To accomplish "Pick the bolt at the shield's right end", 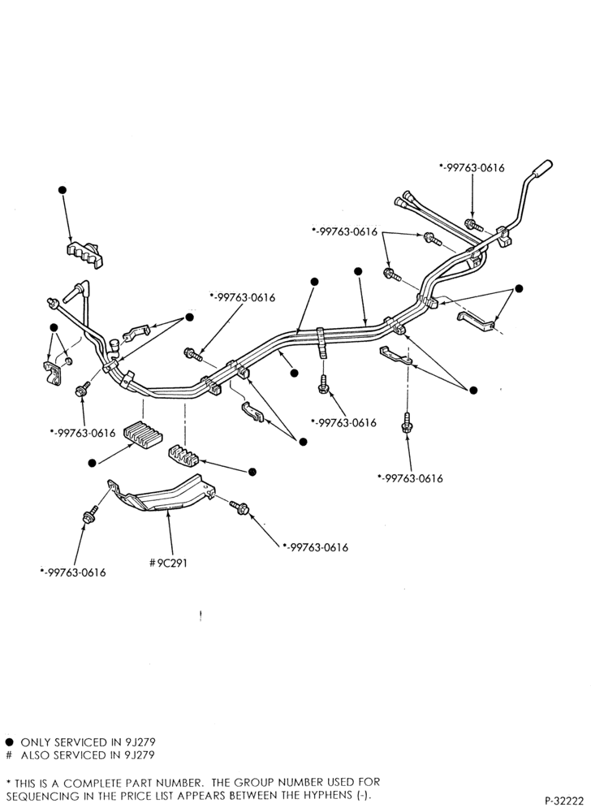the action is (x=239, y=508).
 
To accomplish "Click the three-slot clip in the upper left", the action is (x=85, y=253).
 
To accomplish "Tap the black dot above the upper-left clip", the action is (x=63, y=189).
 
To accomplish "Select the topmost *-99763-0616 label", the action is (x=472, y=168).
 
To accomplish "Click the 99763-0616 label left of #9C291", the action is (x=73, y=572).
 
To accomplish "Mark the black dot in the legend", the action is (x=9, y=742).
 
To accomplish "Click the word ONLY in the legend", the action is (x=36, y=742).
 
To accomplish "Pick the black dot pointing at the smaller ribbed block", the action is (x=252, y=472).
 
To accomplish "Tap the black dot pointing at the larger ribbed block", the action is (x=92, y=463).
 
